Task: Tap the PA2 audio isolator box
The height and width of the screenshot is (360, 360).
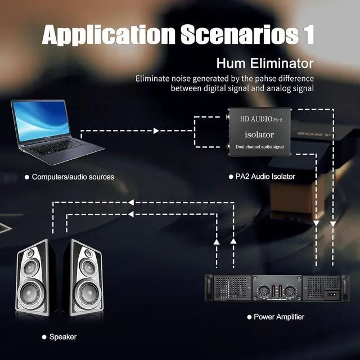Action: [256, 129]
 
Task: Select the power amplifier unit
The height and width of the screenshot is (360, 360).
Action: [275, 292]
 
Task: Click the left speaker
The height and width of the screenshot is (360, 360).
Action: [35, 280]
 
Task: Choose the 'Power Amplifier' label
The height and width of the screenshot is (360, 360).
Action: [278, 317]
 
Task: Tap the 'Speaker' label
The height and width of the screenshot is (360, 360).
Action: [62, 337]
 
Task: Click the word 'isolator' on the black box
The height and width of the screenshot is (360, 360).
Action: [259, 134]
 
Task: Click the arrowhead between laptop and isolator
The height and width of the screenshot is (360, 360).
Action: [157, 131]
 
